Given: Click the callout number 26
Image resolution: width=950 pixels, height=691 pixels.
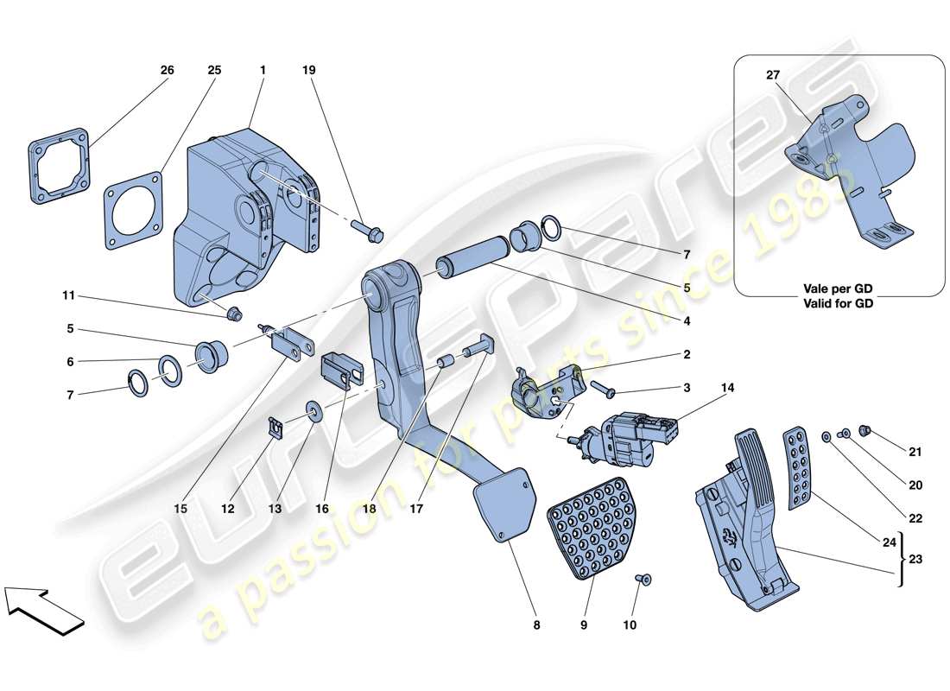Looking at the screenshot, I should pyautogui.click(x=167, y=70).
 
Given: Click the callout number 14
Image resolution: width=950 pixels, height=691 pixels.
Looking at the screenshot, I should pyautogui.click(x=728, y=389).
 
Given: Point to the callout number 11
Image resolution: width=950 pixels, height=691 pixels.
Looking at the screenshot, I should pyautogui.click(x=68, y=295).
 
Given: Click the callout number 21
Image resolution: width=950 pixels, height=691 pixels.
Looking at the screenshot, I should pyautogui.click(x=915, y=451).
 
